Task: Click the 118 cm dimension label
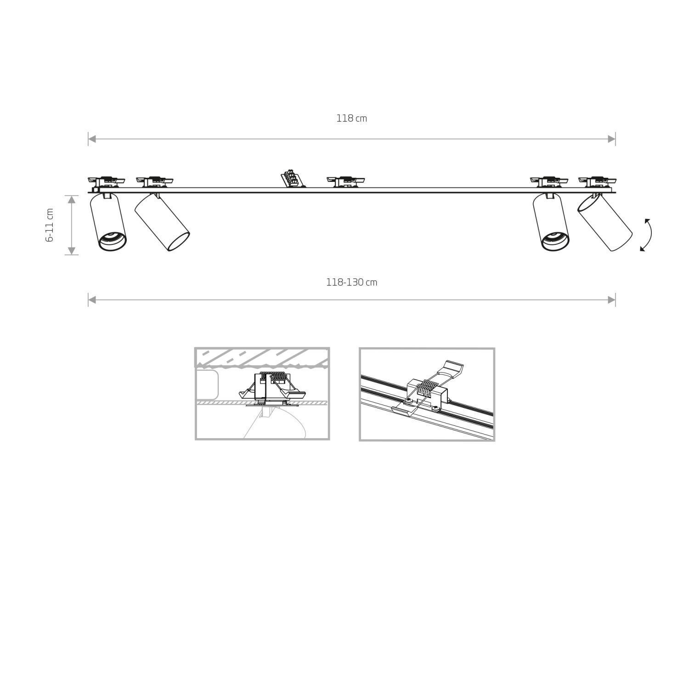pos(351,119)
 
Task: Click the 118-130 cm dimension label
pos(351,282)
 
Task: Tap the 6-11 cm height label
pos(50,225)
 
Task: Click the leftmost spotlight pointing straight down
pos(108,222)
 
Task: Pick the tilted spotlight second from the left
pos(162,223)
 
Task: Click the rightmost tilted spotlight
pos(604,223)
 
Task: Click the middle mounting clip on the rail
pos(345,181)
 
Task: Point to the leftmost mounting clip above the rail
pos(107,181)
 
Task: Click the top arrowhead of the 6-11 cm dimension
pos(71,199)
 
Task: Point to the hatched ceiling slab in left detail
pos(262,356)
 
